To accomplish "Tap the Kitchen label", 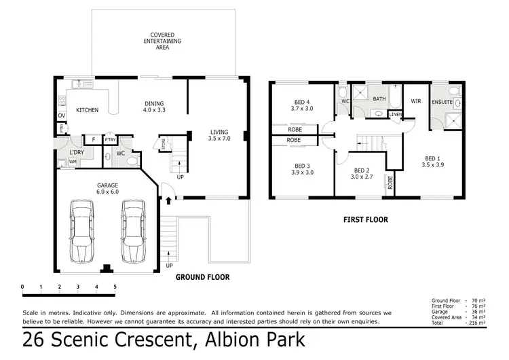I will tap(87, 110).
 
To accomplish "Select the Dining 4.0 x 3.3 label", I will tap(154, 107).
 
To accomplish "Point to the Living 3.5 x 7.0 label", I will tap(219, 135).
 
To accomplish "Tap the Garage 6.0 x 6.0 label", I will tap(107, 188).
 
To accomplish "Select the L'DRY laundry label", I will tap(75, 152).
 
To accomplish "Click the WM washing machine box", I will tap(73, 162).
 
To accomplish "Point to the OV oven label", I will tap(61, 115).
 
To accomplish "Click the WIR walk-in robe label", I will tap(416, 101).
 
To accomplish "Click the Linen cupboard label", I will tap(395, 114).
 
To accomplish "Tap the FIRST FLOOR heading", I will tap(365, 219).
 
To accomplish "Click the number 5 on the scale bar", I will tap(115, 287).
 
